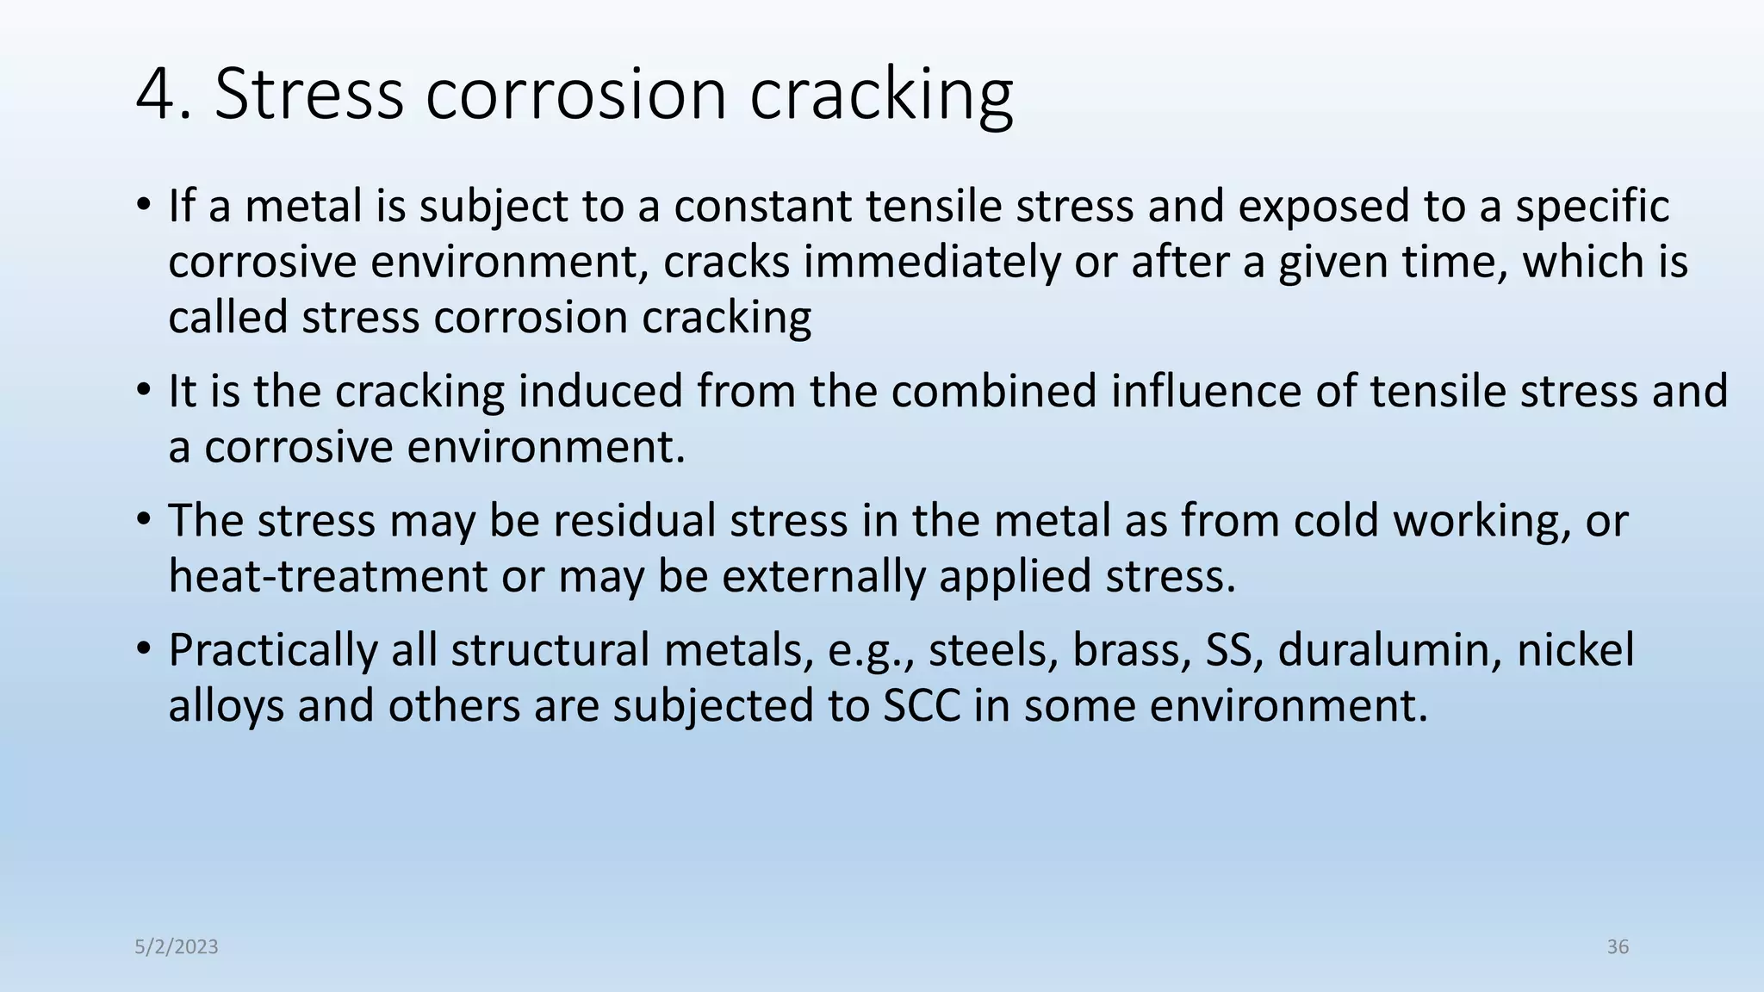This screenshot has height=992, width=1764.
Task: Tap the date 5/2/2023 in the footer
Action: [177, 947]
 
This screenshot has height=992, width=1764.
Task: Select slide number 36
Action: [1618, 947]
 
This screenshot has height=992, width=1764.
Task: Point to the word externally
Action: [823, 576]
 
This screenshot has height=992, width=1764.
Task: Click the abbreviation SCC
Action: [922, 706]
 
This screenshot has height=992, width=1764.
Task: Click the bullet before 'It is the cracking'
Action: [143, 391]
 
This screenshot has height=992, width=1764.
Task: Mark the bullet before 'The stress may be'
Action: [143, 521]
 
